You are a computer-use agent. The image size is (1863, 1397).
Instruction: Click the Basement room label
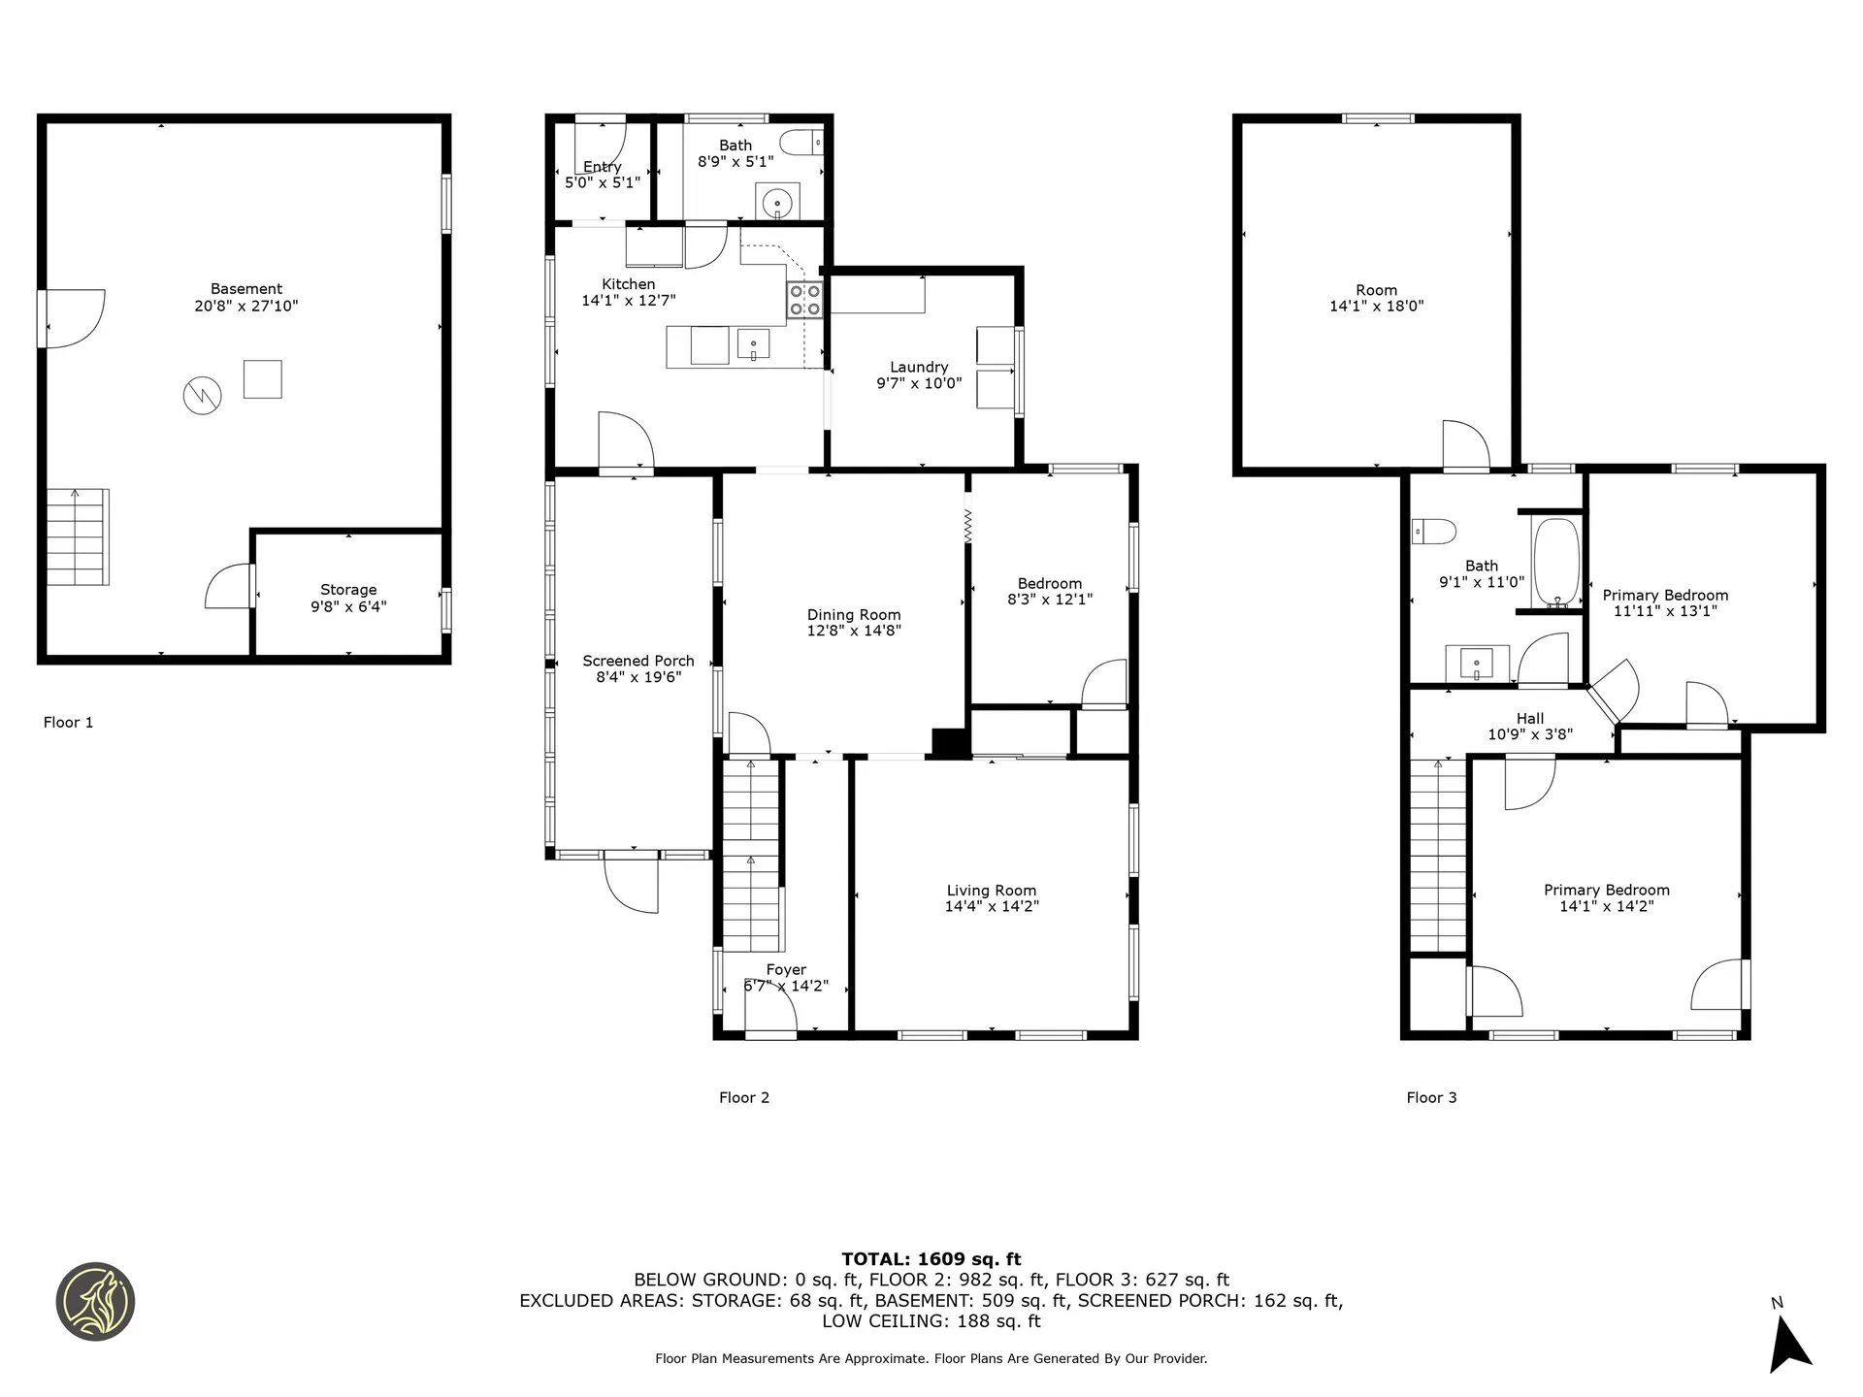[245, 297]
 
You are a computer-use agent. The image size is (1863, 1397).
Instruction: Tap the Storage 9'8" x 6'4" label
[348, 598]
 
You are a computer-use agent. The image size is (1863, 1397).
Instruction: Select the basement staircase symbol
[78, 536]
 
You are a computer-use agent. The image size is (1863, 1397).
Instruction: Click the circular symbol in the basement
[203, 395]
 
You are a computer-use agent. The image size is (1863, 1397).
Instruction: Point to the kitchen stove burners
[804, 300]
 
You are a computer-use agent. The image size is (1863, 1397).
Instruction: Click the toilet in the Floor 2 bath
[801, 143]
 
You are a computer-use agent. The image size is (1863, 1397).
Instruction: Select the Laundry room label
[919, 374]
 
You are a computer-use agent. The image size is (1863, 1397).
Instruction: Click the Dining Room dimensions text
[854, 631]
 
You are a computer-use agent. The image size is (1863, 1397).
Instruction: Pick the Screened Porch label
[638, 668]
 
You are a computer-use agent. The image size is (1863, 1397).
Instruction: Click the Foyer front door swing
[772, 1011]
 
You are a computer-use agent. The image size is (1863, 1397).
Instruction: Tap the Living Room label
[992, 897]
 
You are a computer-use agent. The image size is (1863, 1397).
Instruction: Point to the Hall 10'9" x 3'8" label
[1530, 726]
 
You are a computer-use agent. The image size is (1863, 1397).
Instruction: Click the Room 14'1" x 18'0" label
[1376, 297]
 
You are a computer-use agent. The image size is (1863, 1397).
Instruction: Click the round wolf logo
[95, 1302]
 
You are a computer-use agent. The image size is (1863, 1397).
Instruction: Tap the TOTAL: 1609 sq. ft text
[931, 1259]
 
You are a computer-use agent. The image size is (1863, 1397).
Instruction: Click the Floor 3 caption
[1431, 1097]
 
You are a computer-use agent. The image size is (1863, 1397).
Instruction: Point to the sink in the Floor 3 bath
[1477, 664]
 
